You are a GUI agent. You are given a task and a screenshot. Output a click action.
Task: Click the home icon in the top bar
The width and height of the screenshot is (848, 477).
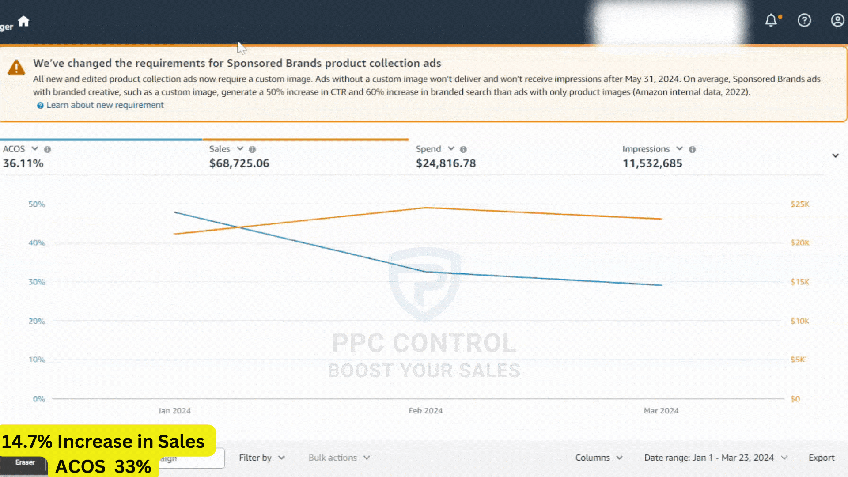23,21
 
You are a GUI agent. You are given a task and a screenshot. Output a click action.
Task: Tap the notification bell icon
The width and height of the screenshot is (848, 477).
771,20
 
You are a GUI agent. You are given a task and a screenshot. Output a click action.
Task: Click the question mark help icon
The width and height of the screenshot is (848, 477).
804,20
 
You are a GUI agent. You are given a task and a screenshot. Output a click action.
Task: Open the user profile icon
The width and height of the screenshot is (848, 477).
837,20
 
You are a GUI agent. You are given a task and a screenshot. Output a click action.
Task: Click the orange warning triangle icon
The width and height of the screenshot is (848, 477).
16,68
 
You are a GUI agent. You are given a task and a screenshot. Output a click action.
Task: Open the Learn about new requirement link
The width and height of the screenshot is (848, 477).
105,105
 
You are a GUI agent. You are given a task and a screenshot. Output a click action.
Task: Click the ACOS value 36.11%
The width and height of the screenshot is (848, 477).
23,163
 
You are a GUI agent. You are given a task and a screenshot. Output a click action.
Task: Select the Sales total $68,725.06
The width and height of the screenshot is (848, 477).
239,163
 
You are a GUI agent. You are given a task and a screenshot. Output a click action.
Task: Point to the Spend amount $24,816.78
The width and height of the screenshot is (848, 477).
446,163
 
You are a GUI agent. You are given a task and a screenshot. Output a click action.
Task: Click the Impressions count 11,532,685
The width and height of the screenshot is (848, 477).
652,163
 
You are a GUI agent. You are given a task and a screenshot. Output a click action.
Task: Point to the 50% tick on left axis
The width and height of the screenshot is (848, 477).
37,204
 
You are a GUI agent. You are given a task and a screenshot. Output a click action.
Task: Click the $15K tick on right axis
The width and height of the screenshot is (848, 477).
800,282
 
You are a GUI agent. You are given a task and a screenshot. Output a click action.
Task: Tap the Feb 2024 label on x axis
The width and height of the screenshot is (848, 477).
425,411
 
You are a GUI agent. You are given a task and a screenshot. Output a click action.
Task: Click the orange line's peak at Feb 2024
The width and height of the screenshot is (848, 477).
425,208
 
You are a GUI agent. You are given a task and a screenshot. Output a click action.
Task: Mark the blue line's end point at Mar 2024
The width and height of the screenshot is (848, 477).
661,285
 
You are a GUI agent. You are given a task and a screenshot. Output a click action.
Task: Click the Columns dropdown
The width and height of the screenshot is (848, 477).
598,458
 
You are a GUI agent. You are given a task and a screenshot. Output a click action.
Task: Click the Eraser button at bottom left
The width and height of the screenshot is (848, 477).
25,462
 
